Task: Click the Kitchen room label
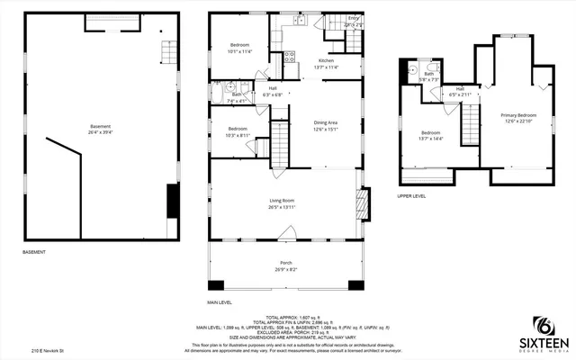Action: (327, 61)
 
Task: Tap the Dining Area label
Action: (326, 122)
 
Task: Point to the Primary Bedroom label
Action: (518, 115)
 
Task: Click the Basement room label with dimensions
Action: (101, 129)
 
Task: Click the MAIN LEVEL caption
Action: (220, 302)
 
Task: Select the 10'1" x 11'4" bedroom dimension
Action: (239, 51)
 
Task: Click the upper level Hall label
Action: (459, 91)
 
